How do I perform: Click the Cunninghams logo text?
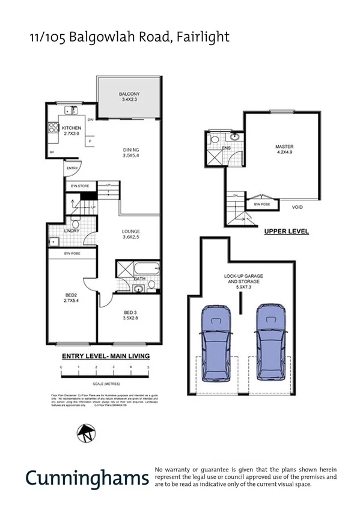87,478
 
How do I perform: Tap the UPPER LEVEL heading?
286,231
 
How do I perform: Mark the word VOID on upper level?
297,207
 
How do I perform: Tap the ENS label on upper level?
227,147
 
